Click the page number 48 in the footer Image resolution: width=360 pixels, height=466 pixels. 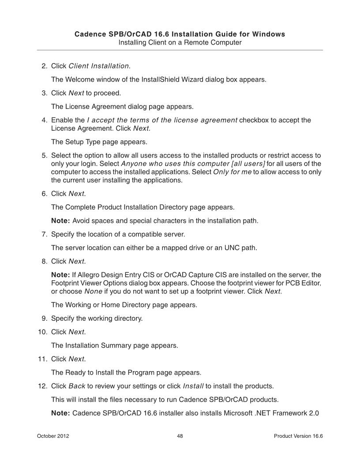pos(180,436)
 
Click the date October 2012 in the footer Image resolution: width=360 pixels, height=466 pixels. pos(52,436)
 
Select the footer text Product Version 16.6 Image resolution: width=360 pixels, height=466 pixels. pos(298,436)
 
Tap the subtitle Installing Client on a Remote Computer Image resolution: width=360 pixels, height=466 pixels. pos(180,42)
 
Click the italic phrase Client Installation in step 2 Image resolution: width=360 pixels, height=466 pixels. pos(99,66)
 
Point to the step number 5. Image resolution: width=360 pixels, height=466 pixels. pos(44,156)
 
